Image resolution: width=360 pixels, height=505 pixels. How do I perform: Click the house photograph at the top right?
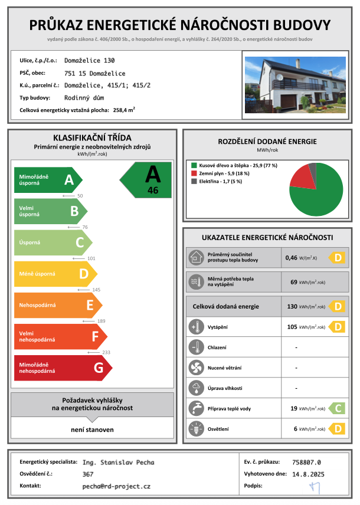[295, 84]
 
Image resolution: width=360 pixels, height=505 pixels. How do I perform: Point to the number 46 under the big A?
[153, 191]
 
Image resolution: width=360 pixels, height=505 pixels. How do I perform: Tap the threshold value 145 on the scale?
[97, 290]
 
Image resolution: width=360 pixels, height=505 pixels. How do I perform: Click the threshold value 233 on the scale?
[106, 352]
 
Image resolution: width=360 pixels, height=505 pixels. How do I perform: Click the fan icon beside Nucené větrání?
[195, 368]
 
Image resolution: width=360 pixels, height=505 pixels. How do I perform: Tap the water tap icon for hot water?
[195, 408]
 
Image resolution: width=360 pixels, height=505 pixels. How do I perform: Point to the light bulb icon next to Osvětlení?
[195, 429]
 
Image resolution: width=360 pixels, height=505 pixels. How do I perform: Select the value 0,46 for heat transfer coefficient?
[292, 258]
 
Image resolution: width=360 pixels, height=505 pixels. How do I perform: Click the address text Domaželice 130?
[90, 60]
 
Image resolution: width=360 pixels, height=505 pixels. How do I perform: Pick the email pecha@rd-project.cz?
[116, 486]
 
